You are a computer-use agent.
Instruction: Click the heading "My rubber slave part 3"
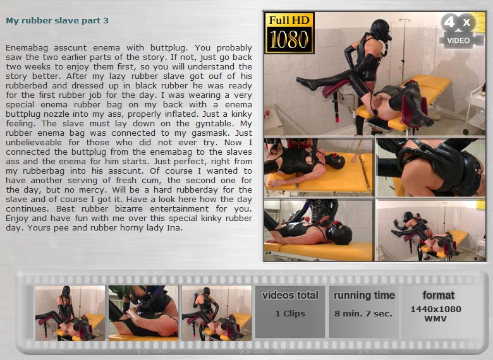click(58, 21)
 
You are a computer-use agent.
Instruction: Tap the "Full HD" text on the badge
click(289, 20)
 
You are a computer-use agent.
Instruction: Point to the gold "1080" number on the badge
click(289, 40)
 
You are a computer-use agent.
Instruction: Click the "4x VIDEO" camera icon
click(460, 30)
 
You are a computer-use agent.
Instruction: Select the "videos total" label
click(290, 296)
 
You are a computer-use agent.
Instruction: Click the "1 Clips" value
click(290, 313)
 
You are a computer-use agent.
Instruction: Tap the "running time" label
click(364, 296)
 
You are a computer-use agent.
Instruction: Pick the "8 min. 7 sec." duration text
click(363, 313)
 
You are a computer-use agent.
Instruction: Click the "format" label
click(438, 296)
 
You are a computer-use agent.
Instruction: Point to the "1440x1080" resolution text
click(435, 309)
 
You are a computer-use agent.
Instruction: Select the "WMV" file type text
click(435, 318)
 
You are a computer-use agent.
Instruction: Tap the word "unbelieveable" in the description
click(33, 143)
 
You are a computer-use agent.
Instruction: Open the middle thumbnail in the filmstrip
click(143, 313)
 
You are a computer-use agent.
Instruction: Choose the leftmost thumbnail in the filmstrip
click(70, 313)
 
